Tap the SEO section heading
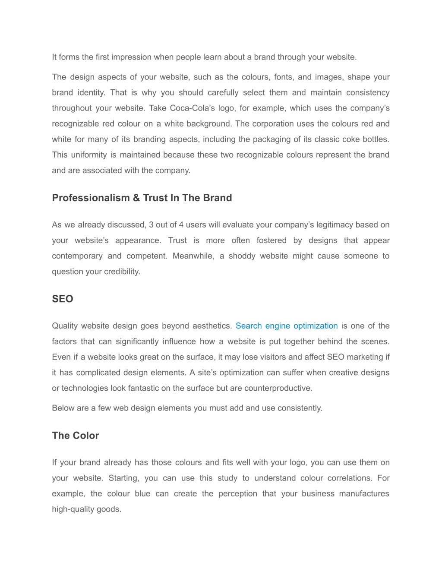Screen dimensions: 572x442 click(63, 299)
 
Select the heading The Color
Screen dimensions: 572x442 click(76, 436)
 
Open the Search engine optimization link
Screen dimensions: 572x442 click(287, 326)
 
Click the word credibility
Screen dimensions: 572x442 click(122, 272)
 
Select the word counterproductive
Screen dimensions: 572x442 click(278, 388)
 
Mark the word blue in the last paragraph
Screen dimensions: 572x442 click(142, 494)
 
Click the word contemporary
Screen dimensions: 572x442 click(77, 256)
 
